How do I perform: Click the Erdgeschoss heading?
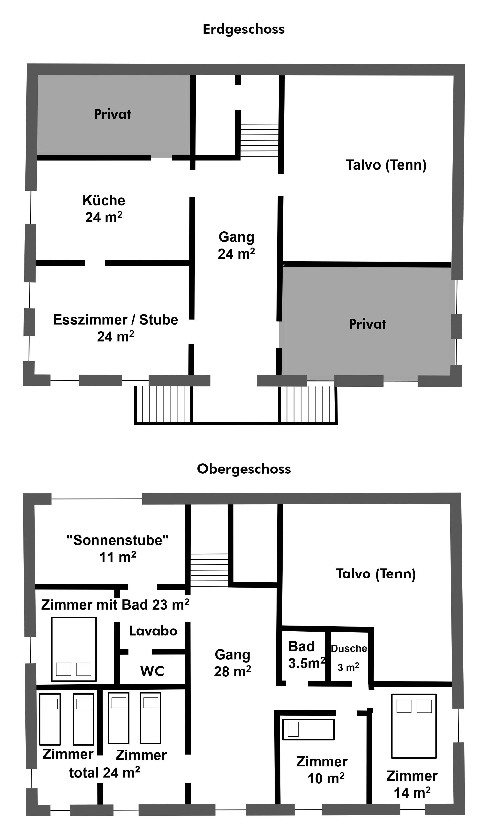[244, 29]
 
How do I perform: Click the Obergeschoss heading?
[244, 469]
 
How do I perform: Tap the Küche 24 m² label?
[104, 209]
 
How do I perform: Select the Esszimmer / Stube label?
[115, 320]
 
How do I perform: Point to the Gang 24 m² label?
[236, 245]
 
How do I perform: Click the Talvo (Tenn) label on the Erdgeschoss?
[386, 165]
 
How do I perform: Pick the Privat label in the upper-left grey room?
[112, 114]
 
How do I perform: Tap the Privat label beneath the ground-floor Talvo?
[367, 324]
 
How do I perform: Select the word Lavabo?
[153, 631]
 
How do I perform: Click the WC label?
[152, 671]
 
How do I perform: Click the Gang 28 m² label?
[232, 663]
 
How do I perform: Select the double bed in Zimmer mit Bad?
[74, 649]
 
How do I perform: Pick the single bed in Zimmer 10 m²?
[308, 729]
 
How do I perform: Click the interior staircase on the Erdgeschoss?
[259, 140]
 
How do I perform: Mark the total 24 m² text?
[104, 773]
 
